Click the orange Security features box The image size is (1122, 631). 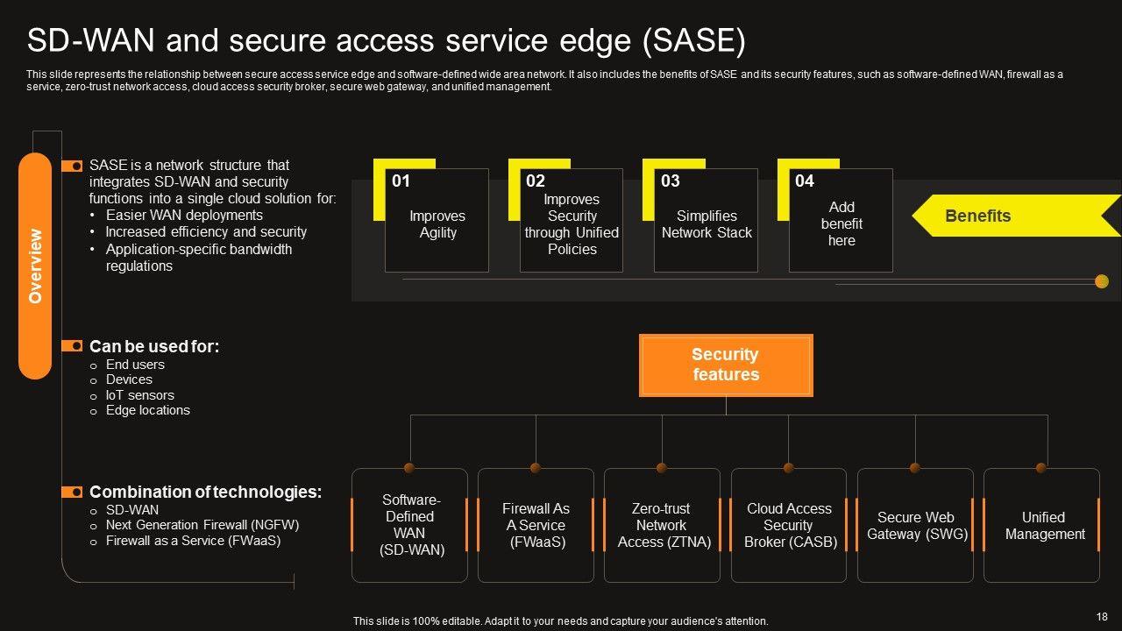click(726, 365)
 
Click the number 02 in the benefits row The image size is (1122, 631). click(536, 181)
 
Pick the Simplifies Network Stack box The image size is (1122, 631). click(707, 224)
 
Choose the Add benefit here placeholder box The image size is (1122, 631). click(841, 224)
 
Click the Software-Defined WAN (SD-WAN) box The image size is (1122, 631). click(409, 525)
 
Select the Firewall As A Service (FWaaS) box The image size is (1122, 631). click(536, 525)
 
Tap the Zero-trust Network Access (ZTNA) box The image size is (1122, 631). click(662, 525)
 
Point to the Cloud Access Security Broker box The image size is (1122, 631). click(789, 525)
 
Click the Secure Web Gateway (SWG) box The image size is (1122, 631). click(916, 525)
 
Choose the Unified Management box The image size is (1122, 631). click(1043, 525)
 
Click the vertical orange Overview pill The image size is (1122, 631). click(35, 266)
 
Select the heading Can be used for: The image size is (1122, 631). click(154, 347)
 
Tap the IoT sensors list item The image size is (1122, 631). click(140, 395)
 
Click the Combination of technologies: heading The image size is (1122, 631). click(205, 493)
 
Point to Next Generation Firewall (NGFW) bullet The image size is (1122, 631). click(202, 525)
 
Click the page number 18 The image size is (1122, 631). click(1102, 616)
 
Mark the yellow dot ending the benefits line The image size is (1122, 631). click(1102, 281)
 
